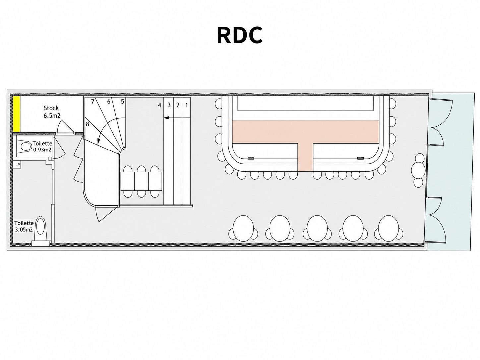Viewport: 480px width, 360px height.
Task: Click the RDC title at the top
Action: tap(240, 35)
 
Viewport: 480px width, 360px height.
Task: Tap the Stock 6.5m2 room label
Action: tap(52, 112)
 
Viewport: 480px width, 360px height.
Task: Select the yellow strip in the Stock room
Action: tap(16, 114)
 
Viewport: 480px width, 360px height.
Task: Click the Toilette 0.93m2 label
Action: tap(42, 147)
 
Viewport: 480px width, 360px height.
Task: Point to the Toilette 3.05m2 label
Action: tap(24, 226)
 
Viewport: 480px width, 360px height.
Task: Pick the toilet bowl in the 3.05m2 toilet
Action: tap(41, 229)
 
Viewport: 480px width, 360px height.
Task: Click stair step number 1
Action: tap(187, 105)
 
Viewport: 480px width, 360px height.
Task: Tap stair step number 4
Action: tap(160, 105)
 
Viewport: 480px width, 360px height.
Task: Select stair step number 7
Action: tap(93, 102)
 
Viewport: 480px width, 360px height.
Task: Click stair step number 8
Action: tap(87, 124)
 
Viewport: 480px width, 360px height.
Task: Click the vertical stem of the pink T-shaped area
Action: tap(305, 157)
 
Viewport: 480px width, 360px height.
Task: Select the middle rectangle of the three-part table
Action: tap(141, 181)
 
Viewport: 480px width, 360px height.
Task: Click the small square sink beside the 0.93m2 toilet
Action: tap(17, 164)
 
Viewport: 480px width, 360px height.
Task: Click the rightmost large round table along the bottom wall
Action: tap(389, 228)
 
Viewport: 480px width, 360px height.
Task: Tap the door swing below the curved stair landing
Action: tap(105, 213)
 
